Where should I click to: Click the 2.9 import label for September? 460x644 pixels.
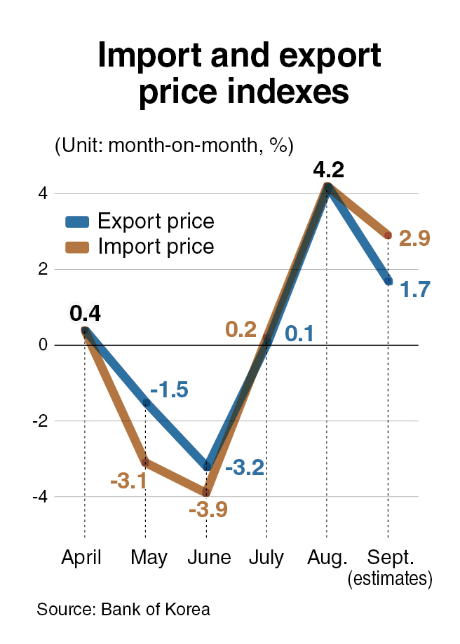tap(414, 238)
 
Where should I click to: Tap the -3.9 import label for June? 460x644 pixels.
tap(208, 509)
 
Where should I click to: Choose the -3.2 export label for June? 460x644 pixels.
tap(245, 467)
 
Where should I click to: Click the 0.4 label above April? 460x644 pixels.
tap(85, 313)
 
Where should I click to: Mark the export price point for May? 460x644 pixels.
tap(146, 402)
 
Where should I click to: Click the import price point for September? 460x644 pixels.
tap(388, 235)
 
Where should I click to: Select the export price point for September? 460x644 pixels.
tap(388, 280)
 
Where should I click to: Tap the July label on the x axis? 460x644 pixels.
tap(266, 558)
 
